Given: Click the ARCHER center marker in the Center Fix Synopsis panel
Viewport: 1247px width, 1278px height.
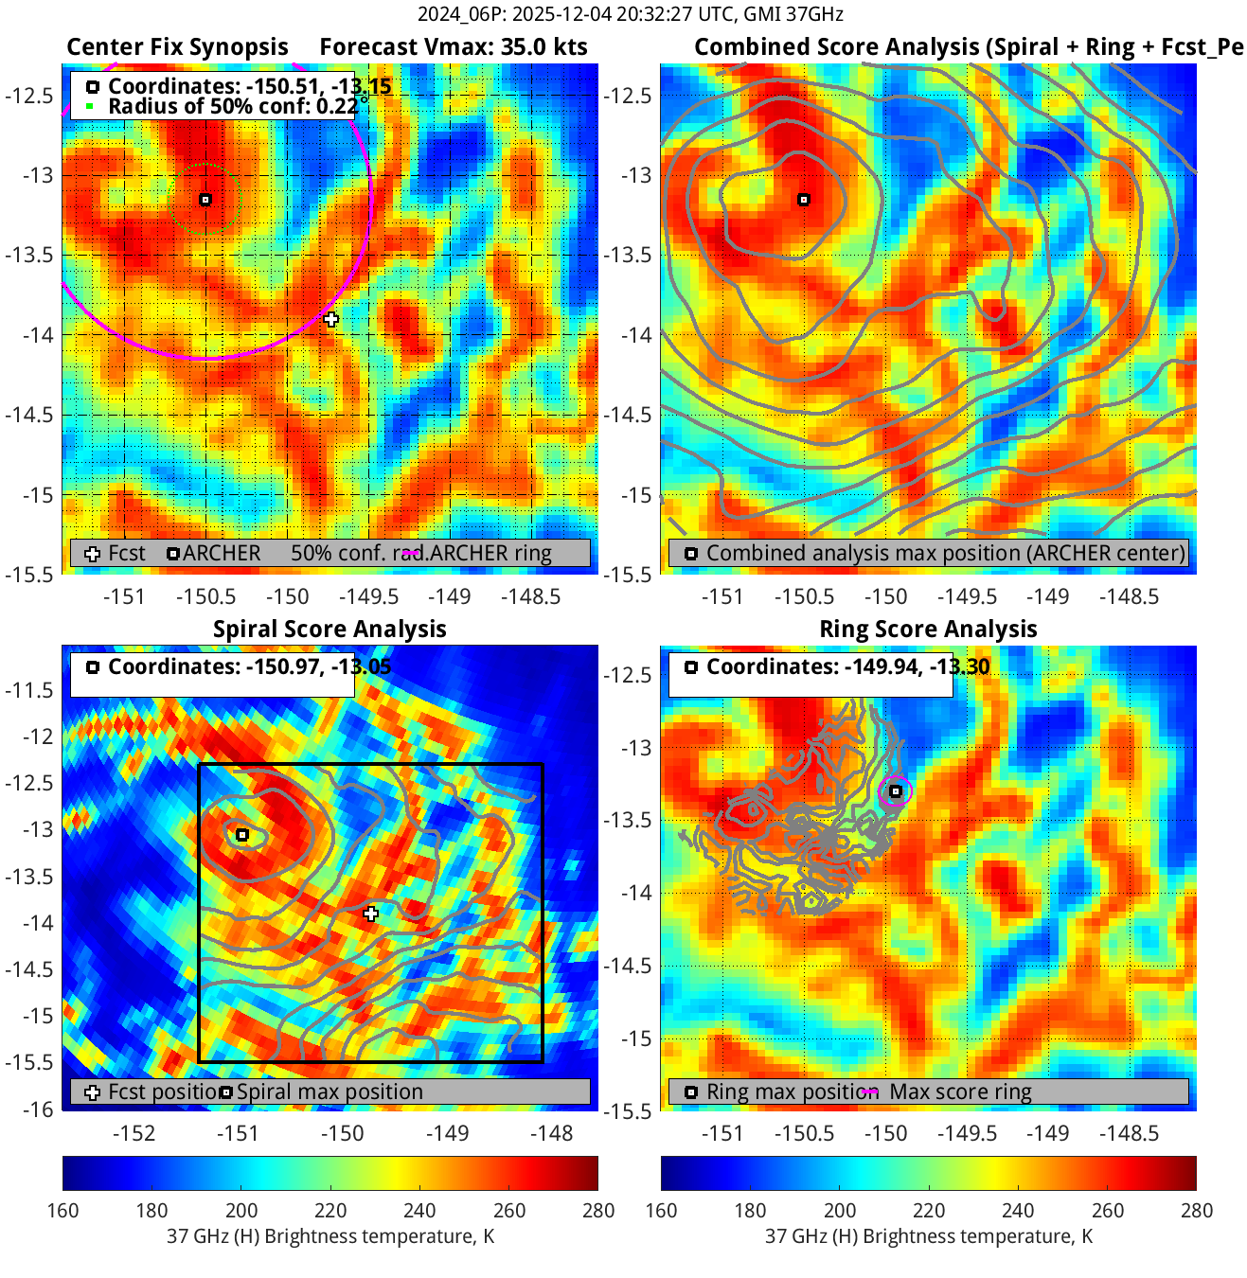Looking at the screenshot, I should click(x=205, y=200).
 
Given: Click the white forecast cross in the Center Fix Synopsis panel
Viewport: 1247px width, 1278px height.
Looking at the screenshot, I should click(x=331, y=319).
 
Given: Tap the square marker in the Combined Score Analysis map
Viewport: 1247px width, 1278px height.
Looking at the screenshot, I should click(x=804, y=200).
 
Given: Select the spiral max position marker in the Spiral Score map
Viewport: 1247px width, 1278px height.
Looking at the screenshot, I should click(x=242, y=835).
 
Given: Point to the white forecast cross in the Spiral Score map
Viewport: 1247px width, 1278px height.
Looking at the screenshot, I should click(x=371, y=914).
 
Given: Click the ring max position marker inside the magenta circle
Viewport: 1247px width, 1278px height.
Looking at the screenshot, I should click(x=896, y=791).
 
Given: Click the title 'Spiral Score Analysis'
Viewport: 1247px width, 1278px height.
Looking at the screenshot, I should click(x=330, y=630).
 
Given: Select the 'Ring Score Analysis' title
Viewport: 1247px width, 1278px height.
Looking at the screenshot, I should click(x=928, y=630).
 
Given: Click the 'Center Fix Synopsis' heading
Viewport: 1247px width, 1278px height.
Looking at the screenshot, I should click(x=177, y=47).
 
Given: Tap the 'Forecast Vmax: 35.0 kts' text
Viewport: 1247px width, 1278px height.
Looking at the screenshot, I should click(x=454, y=47).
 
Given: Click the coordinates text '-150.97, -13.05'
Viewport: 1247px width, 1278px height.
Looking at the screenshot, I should click(x=318, y=666).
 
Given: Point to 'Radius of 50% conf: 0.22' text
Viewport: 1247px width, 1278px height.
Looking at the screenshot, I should click(x=232, y=106).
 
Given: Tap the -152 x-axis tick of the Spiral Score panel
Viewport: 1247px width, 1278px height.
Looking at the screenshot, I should click(x=134, y=1133).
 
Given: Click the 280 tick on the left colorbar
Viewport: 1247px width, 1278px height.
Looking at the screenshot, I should click(x=598, y=1210).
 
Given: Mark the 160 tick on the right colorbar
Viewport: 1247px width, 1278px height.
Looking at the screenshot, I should click(x=661, y=1210).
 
